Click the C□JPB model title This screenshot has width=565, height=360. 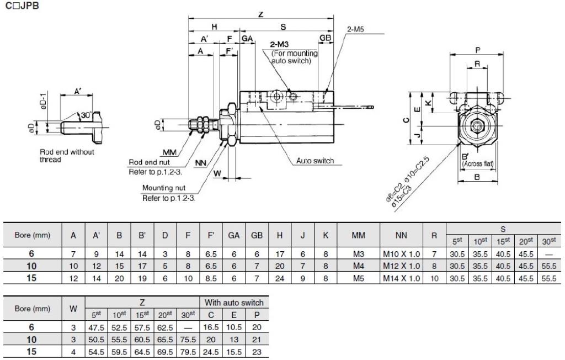22,6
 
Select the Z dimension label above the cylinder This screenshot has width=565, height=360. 261,14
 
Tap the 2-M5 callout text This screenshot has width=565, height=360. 356,29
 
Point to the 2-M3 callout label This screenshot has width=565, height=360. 279,44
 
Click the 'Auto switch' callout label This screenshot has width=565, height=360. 315,161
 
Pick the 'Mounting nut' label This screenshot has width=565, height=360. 163,188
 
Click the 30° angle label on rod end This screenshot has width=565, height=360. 87,115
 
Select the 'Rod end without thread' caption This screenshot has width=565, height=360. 67,156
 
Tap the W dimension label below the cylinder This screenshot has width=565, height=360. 217,173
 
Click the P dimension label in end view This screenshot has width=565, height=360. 477,50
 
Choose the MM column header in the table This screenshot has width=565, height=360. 358,235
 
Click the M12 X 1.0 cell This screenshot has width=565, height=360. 401,266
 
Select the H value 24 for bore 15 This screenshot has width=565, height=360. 280,278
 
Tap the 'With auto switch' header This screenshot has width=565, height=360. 234,303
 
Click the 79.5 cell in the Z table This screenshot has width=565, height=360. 188,352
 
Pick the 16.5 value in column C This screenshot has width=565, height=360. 211,327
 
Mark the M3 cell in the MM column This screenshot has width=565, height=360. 358,253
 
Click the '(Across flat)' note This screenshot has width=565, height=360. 478,163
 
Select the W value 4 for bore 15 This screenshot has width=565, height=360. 73,352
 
